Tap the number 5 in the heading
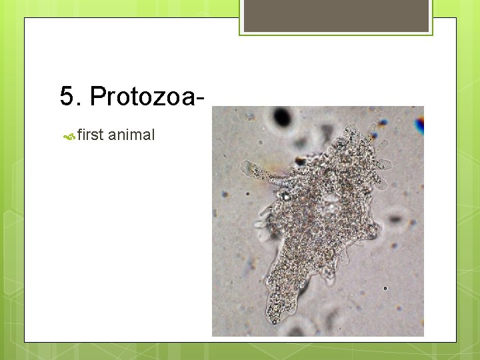click(x=67, y=97)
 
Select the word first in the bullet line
click(x=90, y=135)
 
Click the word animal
click(x=131, y=135)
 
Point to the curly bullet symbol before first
click(x=69, y=137)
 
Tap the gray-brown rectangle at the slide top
click(x=336, y=15)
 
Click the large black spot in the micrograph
click(x=283, y=117)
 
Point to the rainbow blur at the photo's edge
click(x=419, y=125)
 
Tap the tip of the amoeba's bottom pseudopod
click(x=273, y=316)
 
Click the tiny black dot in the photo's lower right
click(x=385, y=289)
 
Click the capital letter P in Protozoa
click(x=97, y=97)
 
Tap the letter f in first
click(x=80, y=135)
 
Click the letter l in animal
click(x=153, y=135)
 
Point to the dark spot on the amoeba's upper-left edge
click(x=300, y=160)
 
